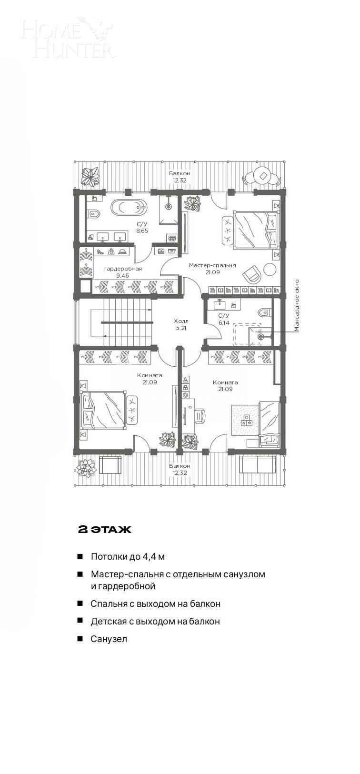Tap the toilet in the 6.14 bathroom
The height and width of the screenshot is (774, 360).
coord(264,312)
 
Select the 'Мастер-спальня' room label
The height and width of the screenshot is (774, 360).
coord(212,265)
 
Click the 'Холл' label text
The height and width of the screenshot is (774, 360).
coord(181,321)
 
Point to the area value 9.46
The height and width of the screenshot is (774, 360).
coord(122,275)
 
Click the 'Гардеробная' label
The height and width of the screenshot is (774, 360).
coord(122,269)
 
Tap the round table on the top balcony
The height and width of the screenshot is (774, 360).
coord(262,176)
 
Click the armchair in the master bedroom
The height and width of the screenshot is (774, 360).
coord(252,275)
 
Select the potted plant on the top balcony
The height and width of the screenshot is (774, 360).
coord(90,176)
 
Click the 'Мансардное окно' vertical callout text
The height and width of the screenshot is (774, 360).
coord(297,305)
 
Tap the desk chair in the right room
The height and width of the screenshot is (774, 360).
coord(199,415)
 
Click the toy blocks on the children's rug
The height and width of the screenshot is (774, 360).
coord(246,420)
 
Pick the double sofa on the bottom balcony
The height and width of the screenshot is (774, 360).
coord(257,464)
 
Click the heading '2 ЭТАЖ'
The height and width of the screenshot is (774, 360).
coord(105,530)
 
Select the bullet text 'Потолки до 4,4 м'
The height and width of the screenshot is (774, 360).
coord(128,556)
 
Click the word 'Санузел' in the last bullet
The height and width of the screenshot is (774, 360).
coord(109,639)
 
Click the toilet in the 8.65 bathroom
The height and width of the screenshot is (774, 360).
coord(93,213)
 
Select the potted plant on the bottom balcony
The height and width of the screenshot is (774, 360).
coord(86,467)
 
